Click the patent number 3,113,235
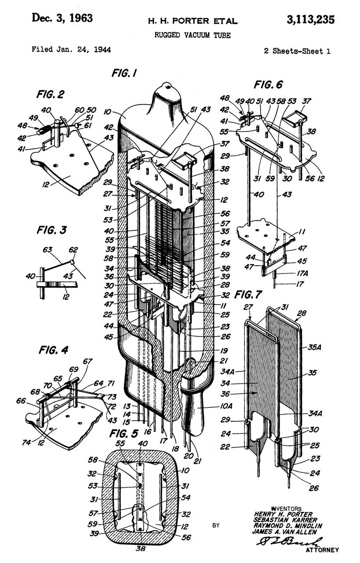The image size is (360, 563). tap(310, 20)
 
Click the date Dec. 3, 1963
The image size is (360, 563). tap(62, 18)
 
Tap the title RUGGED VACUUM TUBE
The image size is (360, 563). tap(193, 35)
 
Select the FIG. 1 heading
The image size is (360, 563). tap(124, 73)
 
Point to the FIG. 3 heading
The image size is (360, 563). tap(52, 230)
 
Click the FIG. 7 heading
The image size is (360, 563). tap(248, 295)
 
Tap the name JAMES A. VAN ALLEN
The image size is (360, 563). tap(284, 532)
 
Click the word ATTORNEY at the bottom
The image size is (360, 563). tap(322, 550)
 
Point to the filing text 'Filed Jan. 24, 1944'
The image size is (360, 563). tap(71, 50)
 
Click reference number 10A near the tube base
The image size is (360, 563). tap(226, 406)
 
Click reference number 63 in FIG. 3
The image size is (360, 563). tap(47, 249)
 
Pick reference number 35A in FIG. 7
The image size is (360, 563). tap(314, 347)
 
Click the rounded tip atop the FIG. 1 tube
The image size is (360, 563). tap(167, 85)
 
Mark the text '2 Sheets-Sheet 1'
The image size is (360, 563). tap(297, 51)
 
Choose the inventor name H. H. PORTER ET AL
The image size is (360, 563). tap(193, 21)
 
